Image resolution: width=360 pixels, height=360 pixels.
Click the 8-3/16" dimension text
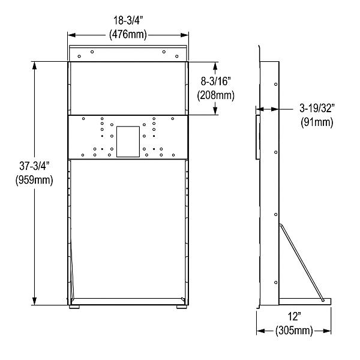click(216, 82)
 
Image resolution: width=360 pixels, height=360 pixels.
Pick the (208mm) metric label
click(216, 95)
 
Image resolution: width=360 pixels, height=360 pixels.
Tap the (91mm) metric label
click(316, 123)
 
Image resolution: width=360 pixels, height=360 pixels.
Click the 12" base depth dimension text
click(293, 317)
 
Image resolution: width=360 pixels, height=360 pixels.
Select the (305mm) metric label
click(293, 330)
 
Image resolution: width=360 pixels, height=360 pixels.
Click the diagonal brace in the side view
click(301, 262)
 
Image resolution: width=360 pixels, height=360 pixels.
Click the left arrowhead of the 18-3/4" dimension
click(70, 34)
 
